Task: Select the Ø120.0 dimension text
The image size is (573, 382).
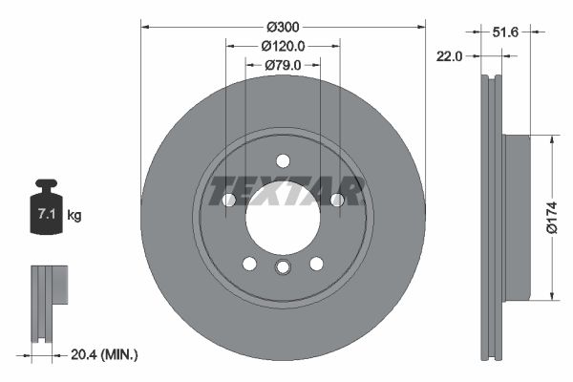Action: pos(283,45)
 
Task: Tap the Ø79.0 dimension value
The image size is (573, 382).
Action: pos(283,65)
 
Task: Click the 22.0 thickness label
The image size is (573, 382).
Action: pos(448,56)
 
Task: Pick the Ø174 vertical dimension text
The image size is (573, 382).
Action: pos(551,217)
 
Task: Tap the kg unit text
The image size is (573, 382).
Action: pos(74,216)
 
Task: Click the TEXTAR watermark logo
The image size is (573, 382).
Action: pos(286,191)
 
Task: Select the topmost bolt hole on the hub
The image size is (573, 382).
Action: pos(283,160)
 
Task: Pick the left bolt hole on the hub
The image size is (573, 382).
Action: pos(229,200)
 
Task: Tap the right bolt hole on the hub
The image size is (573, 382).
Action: pos(336,200)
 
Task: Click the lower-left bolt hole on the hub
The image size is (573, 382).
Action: pos(249,264)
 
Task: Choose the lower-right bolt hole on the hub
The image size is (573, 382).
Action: pos(316,264)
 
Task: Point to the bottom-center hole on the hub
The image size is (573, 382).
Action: pos(283,267)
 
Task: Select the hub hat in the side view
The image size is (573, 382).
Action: pos(516,217)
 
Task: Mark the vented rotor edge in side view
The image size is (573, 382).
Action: pos(489,218)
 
